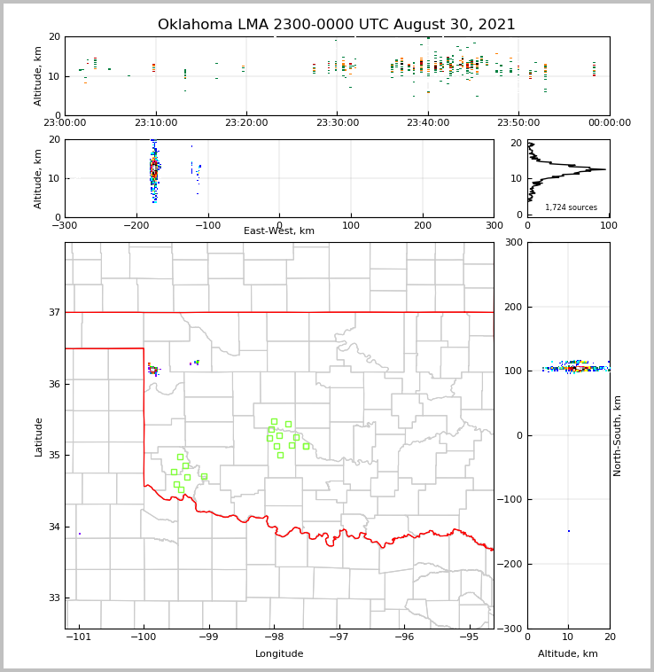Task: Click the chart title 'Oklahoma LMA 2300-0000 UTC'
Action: [x=336, y=25]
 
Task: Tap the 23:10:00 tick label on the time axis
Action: [x=155, y=123]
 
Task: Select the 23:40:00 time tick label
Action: [x=428, y=123]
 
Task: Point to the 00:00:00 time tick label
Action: [x=610, y=123]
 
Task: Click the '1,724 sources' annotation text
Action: [x=571, y=207]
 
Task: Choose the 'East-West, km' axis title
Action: [x=279, y=231]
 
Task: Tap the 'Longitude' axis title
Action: [x=279, y=654]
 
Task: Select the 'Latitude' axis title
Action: [x=38, y=436]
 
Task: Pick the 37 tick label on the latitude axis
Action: [x=53, y=312]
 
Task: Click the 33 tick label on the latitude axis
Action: [x=53, y=598]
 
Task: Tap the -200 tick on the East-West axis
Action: [x=136, y=226]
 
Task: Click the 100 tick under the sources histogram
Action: [x=610, y=226]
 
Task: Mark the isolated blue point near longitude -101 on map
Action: [x=80, y=534]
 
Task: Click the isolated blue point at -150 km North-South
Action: [x=569, y=531]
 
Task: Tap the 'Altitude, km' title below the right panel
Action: [x=568, y=654]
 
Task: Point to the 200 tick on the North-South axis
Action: [x=511, y=307]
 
